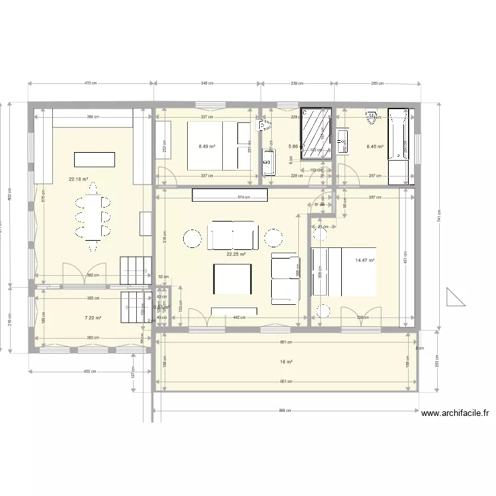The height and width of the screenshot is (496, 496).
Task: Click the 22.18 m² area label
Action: [78, 179]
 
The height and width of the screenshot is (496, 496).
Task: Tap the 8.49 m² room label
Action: [207, 147]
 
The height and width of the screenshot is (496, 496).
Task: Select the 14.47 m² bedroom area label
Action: [364, 261]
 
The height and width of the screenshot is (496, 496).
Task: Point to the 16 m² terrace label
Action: [286, 362]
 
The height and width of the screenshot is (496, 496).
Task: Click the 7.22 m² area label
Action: [93, 318]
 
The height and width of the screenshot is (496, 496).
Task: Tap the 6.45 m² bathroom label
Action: [375, 147]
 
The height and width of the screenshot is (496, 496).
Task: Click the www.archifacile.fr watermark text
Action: [455, 413]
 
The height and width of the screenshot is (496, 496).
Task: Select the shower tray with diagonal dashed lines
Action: [316, 134]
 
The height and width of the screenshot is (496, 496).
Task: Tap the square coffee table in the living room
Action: [231, 278]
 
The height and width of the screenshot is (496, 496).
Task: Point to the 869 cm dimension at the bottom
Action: [284, 411]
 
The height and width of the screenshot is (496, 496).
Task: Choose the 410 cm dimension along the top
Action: [91, 83]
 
